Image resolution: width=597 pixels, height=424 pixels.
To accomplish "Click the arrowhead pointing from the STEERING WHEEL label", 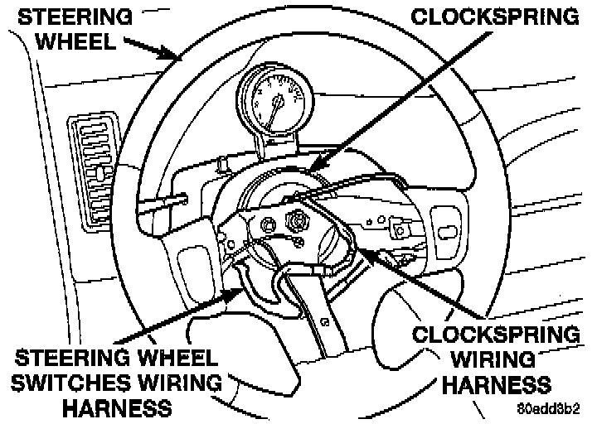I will click(179, 59).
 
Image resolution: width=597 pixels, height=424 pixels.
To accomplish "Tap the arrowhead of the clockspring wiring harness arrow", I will click(358, 245).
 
